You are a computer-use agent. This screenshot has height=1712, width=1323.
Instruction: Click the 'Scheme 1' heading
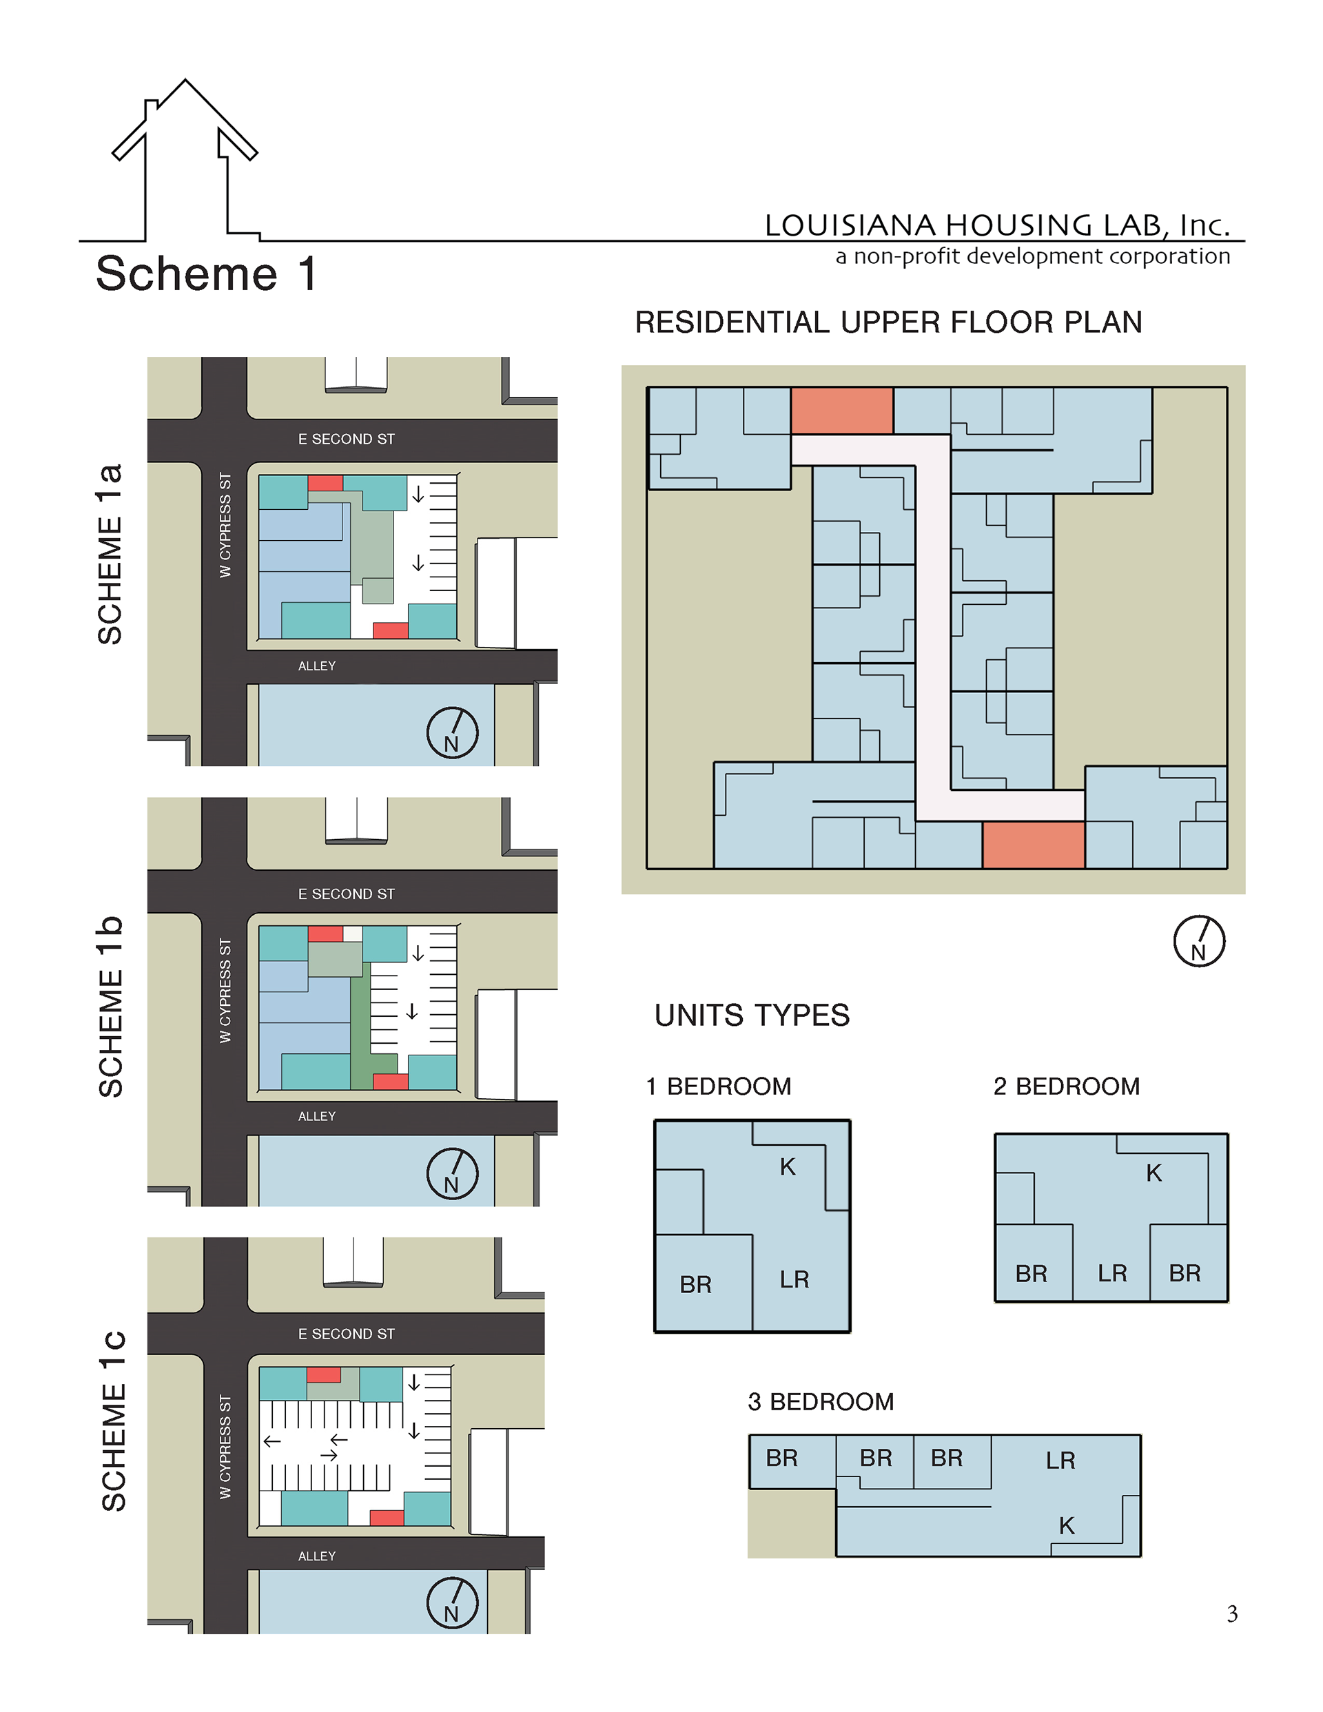coord(206,274)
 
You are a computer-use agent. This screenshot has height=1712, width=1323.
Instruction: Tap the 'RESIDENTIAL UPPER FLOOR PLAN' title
coord(888,322)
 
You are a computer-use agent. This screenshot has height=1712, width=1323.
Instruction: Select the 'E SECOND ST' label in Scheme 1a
coord(346,439)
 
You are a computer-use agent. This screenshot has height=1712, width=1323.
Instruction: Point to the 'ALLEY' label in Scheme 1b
coord(317,1115)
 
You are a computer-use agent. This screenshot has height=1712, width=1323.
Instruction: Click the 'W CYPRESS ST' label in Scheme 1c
coord(226,1447)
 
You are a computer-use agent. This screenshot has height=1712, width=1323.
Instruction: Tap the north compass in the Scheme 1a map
coord(453,733)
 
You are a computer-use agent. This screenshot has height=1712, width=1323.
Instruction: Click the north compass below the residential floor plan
coord(1199,942)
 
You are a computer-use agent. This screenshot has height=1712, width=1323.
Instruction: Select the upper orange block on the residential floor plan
coord(841,411)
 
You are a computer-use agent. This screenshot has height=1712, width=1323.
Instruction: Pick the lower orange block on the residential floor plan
coord(1034,845)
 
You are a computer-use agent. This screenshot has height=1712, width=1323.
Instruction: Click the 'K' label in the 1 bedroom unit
coord(788,1167)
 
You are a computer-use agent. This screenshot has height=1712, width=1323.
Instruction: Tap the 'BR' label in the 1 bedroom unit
coord(696,1285)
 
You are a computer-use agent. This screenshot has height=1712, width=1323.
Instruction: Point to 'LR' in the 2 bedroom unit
coord(1112,1273)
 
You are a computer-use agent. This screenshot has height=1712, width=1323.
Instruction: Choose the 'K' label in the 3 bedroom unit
coord(1067,1525)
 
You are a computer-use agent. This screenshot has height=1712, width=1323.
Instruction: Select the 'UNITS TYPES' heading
coord(752,1015)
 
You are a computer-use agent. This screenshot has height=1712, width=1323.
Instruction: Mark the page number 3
coord(1232,1614)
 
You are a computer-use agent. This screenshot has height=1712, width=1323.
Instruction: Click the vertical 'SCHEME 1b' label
coord(110,1006)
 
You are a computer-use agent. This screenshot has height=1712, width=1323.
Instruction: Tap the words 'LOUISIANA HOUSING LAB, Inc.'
coord(998,225)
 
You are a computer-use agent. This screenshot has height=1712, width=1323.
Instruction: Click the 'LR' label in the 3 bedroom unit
coord(1060,1461)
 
